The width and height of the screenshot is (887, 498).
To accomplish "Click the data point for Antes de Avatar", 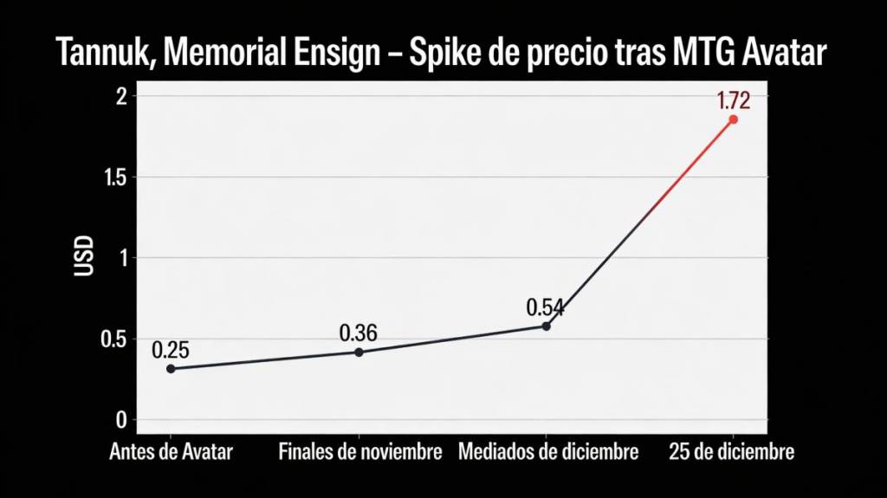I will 171,369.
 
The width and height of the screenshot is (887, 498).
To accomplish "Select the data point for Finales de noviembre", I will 359,352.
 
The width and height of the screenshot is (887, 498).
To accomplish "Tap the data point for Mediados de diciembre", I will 547,326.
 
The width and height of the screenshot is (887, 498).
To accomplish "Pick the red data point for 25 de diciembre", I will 733,120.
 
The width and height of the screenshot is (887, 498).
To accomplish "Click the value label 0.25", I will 171,350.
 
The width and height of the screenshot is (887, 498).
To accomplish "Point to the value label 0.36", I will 359,333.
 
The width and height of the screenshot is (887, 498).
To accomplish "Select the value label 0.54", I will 546,307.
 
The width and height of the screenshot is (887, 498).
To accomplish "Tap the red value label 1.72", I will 733,100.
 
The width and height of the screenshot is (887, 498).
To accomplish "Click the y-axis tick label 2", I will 121,96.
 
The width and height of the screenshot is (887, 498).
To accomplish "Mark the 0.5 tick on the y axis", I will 114,339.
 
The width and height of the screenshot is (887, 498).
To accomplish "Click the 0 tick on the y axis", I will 121,420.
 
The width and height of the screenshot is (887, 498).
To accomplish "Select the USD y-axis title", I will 84,257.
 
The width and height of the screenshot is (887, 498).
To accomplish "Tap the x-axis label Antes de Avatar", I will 171,452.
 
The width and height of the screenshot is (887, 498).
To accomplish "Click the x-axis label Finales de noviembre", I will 359,452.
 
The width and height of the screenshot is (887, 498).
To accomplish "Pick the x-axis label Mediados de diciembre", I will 547,452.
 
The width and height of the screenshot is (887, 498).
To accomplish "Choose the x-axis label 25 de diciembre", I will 732,452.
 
